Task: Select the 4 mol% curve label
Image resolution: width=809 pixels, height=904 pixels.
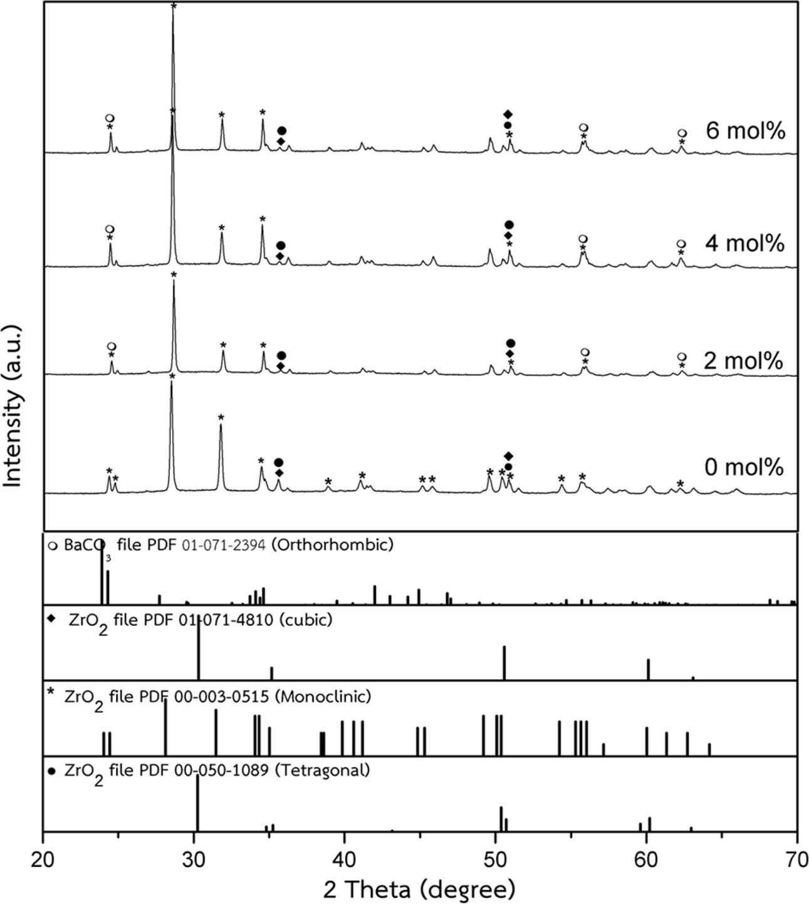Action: click(x=744, y=243)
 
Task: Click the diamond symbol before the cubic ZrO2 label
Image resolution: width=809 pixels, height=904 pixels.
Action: click(x=52, y=619)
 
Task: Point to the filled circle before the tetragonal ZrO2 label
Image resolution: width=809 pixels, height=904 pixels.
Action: click(x=52, y=770)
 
